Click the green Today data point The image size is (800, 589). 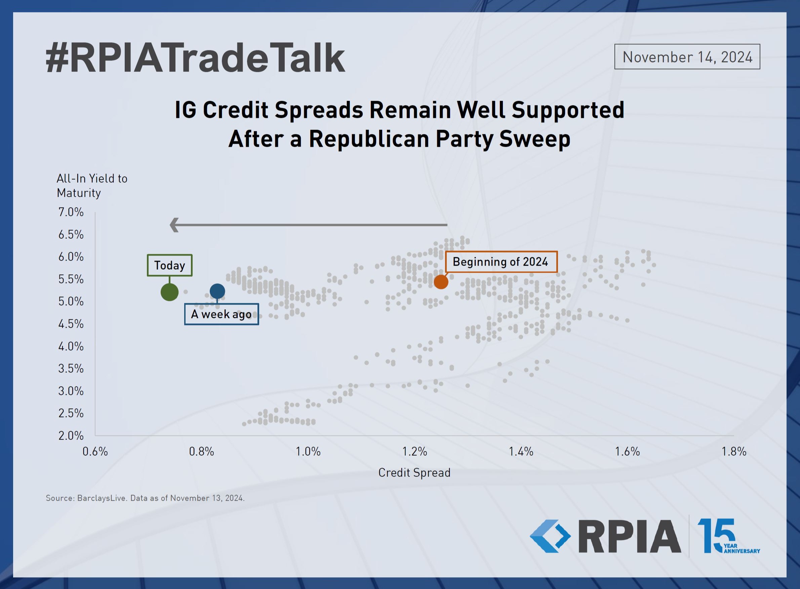tap(169, 292)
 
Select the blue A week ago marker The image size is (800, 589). tap(217, 291)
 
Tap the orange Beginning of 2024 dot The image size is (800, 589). tap(441, 282)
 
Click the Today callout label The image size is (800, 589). tap(169, 265)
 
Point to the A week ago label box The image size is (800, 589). tap(222, 314)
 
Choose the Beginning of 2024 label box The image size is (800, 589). tap(501, 262)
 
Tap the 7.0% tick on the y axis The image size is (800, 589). tap(71, 212)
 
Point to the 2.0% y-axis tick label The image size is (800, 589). tap(71, 435)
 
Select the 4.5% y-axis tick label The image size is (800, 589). tap(71, 324)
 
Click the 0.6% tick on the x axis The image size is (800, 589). tap(95, 452)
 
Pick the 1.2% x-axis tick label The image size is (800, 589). tap(415, 452)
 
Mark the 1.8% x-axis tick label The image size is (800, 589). tap(734, 452)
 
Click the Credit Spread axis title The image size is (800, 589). tap(414, 473)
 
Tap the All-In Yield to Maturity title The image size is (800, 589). tap(92, 185)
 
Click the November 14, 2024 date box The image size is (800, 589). tap(687, 57)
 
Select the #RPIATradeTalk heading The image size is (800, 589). tap(196, 58)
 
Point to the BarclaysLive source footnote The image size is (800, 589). tap(145, 498)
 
